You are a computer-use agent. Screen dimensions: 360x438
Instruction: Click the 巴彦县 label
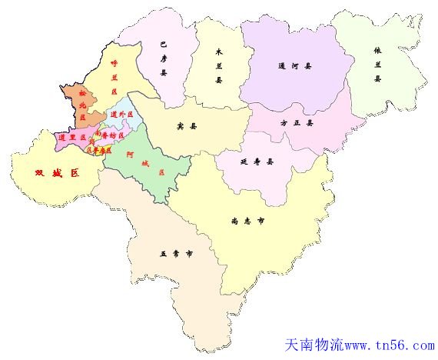tap(163, 58)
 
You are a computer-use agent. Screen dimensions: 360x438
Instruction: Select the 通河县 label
tap(295, 66)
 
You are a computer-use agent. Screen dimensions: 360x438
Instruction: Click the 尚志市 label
tap(248, 219)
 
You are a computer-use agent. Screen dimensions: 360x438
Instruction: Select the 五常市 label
tap(176, 252)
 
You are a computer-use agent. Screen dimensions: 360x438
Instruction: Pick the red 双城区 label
tap(57, 173)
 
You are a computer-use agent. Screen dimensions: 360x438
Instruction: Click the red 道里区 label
tap(72, 138)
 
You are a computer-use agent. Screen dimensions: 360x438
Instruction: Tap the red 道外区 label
tap(118, 115)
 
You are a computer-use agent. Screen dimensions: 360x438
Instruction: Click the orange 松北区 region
tap(78, 104)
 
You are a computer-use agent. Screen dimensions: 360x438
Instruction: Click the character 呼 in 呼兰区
tap(114, 64)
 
